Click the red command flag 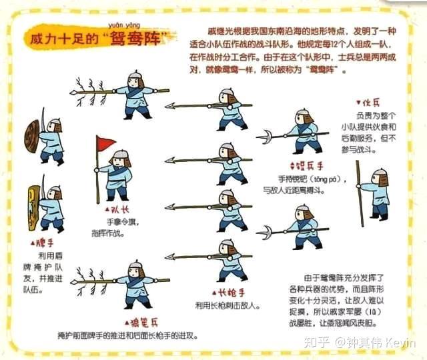click(106, 143)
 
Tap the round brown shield click(31, 135)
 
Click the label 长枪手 click(228, 293)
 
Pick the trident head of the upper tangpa click(264, 137)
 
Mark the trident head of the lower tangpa click(266, 232)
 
